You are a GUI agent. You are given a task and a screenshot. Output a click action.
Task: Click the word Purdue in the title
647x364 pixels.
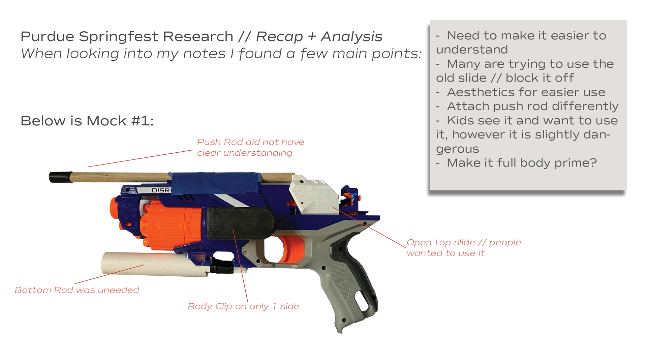click(47, 37)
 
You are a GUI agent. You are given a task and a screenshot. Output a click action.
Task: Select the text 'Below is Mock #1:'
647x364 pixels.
click(87, 121)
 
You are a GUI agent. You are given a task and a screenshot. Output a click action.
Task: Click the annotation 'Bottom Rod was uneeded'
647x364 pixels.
click(77, 290)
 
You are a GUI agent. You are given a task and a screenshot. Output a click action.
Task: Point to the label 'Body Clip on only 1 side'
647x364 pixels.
click(243, 306)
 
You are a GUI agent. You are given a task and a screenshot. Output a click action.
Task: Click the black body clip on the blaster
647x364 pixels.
click(241, 223)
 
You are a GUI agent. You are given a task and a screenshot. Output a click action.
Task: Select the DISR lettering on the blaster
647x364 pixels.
click(161, 190)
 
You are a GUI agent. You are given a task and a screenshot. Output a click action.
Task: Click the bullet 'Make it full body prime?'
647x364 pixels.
click(521, 163)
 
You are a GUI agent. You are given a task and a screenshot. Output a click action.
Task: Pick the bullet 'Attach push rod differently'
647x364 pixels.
click(532, 106)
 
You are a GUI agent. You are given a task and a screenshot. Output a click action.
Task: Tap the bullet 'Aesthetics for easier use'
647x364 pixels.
click(526, 92)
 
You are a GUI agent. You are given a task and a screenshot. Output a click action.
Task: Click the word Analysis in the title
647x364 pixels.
click(351, 37)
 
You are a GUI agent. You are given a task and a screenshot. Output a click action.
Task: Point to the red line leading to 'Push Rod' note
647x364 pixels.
click(140, 158)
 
